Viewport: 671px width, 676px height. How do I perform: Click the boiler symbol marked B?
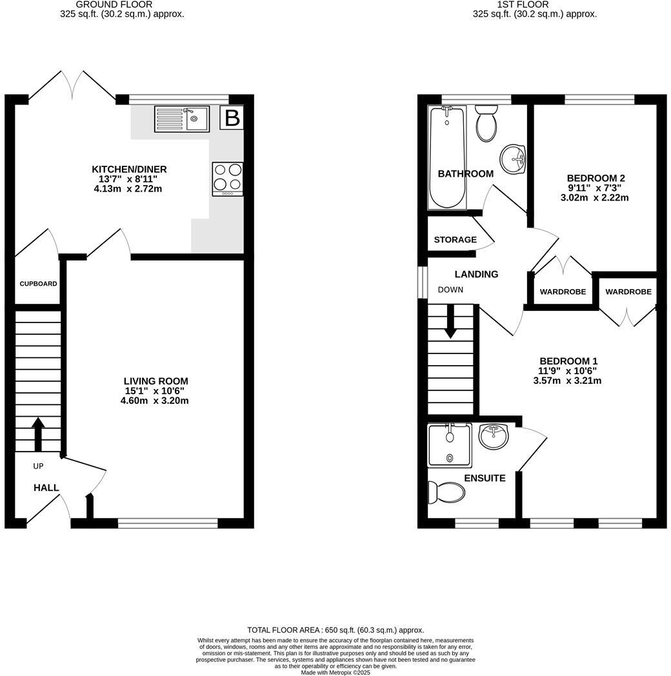tap(232, 118)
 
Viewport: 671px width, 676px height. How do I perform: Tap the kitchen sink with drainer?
tap(181, 119)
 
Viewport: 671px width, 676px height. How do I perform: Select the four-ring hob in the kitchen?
tap(228, 179)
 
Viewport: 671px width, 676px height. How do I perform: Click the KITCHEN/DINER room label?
tap(129, 170)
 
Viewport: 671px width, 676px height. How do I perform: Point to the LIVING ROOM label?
tap(156, 381)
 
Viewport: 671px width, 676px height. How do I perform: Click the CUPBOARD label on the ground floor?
tap(38, 284)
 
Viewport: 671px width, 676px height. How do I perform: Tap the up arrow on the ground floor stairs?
tap(37, 433)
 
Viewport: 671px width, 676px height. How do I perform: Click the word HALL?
tap(46, 488)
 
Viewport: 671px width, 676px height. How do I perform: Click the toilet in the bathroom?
tap(486, 123)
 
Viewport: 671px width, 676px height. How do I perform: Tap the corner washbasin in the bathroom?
tap(514, 158)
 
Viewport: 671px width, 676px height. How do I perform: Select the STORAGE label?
tap(455, 239)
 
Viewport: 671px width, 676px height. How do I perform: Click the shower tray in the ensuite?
tap(450, 446)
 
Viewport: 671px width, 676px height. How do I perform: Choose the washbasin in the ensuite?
tap(494, 437)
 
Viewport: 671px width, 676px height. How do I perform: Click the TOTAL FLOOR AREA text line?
tap(335, 630)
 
